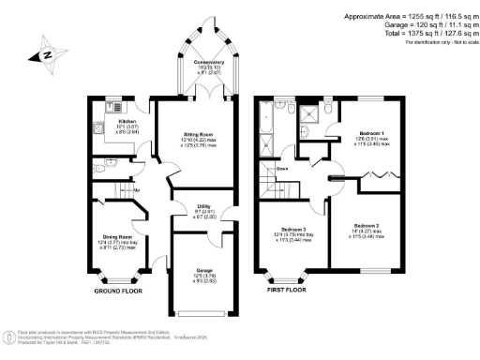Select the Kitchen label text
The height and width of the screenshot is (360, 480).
pos(127,122)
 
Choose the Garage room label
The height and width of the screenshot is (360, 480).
pos(205,271)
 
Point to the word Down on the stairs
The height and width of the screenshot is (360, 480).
pos(282,169)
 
